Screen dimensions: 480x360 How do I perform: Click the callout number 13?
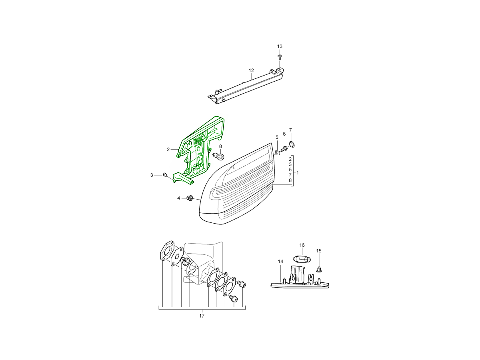(280, 46)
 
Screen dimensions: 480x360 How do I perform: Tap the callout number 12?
(251, 70)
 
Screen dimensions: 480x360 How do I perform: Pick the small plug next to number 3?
(164, 174)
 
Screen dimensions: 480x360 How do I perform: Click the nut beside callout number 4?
(190, 198)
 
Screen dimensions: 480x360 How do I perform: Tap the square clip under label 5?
(277, 153)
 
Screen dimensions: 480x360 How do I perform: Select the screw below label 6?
(284, 149)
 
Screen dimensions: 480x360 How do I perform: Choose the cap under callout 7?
(292, 144)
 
